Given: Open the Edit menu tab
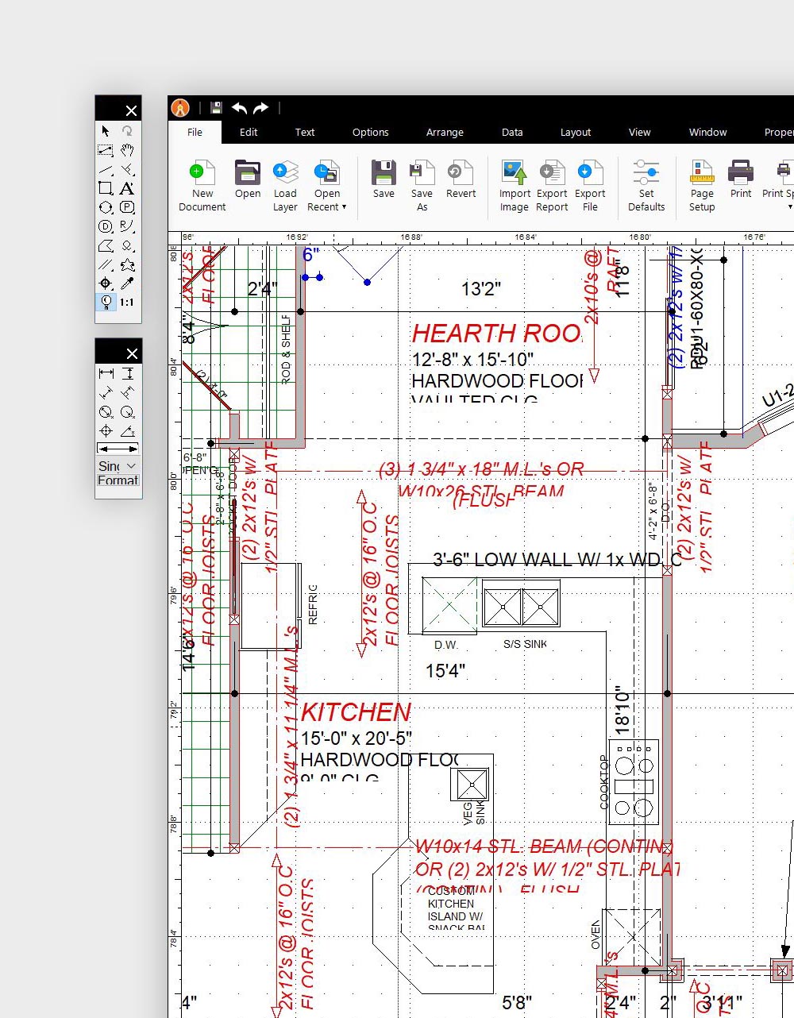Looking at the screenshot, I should (x=249, y=132).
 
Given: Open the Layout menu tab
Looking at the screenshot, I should (x=576, y=132).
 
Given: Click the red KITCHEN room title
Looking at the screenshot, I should (x=356, y=712).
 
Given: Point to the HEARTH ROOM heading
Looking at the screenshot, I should (x=497, y=334).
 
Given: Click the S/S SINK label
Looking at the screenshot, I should (x=525, y=644).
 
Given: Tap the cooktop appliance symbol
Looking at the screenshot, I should (x=634, y=781).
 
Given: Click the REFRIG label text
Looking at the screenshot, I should (x=312, y=604).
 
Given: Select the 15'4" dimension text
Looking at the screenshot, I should (x=445, y=671).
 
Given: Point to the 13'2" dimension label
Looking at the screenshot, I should (x=481, y=289).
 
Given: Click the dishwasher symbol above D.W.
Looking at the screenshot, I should (x=449, y=605).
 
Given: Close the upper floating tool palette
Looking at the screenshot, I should (x=132, y=110).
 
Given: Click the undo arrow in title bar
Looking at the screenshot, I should (x=240, y=108).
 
